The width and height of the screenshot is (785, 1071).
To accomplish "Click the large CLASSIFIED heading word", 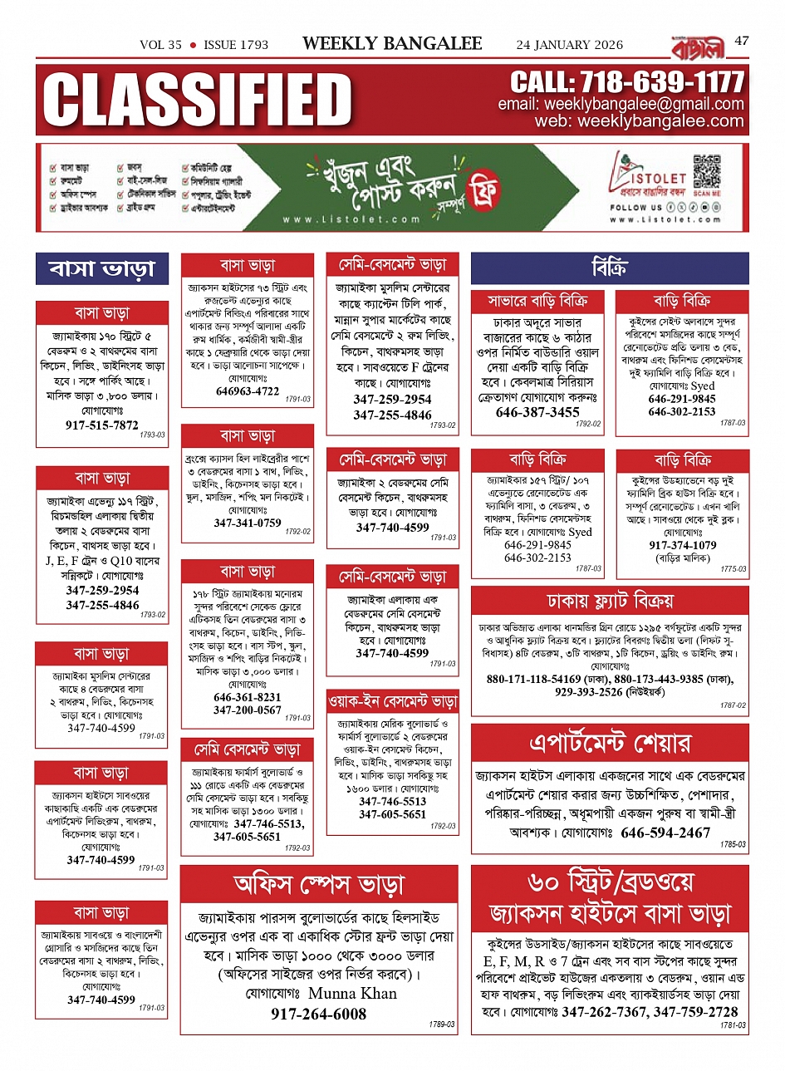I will coord(198,100).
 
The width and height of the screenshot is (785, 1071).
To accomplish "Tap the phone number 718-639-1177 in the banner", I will coord(627,82).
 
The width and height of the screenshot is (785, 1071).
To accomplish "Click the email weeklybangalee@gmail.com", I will coord(644,105).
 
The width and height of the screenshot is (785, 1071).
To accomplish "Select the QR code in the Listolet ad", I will coord(707,170).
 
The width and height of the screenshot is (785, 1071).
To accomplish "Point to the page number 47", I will coord(742,40).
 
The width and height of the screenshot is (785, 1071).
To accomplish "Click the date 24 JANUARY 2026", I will coord(569,45).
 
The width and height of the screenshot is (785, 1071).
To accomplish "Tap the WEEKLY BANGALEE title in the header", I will coord(392,44).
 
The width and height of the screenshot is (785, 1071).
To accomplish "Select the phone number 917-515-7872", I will coord(102,425).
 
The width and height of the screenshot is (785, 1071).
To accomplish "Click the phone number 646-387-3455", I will coord(537,412).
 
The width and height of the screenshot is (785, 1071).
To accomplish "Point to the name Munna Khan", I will coord(352,993).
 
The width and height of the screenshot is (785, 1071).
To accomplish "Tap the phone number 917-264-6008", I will coord(318,1014).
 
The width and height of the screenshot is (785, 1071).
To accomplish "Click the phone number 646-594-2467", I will coord(665,833).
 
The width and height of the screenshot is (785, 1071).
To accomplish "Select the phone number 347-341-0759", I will coord(248,523).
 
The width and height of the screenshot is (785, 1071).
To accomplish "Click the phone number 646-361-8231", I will coord(248,697).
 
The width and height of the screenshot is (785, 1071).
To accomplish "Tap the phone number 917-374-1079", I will coord(682,545).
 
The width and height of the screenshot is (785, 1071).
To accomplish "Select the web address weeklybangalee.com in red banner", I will coord(660,121).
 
